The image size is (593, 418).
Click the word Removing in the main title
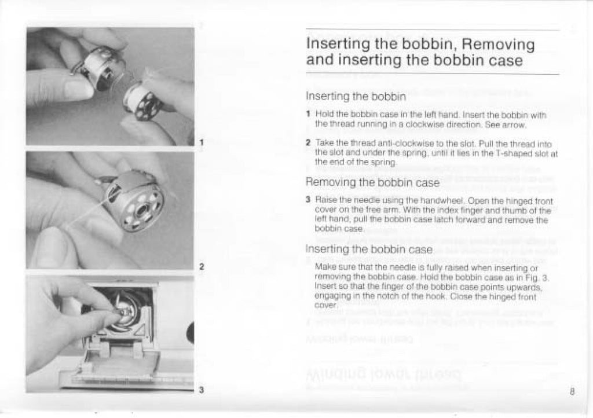click(499, 45)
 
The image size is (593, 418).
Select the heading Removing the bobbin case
click(372, 183)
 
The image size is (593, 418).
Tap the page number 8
click(572, 391)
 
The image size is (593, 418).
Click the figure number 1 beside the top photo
click(201, 141)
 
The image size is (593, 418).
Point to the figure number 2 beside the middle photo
click(201, 267)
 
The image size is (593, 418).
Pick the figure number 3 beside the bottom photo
click(201, 390)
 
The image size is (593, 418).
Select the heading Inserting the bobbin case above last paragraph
click(369, 250)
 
